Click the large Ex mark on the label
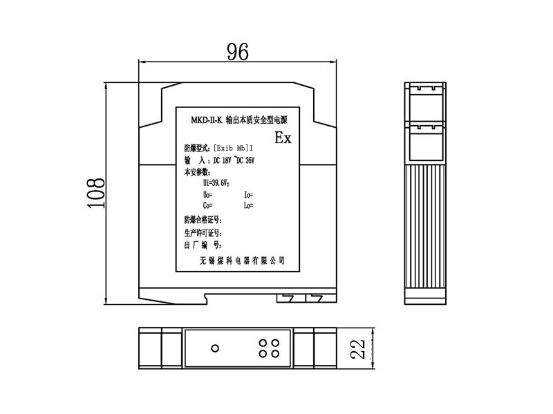[x=283, y=138]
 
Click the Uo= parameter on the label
[x=207, y=194]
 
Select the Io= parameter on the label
[x=249, y=194]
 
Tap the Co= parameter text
[x=207, y=205]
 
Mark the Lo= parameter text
[x=249, y=205]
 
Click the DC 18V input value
[x=223, y=160]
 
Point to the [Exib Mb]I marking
[x=234, y=148]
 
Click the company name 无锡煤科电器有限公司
[x=242, y=261]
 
